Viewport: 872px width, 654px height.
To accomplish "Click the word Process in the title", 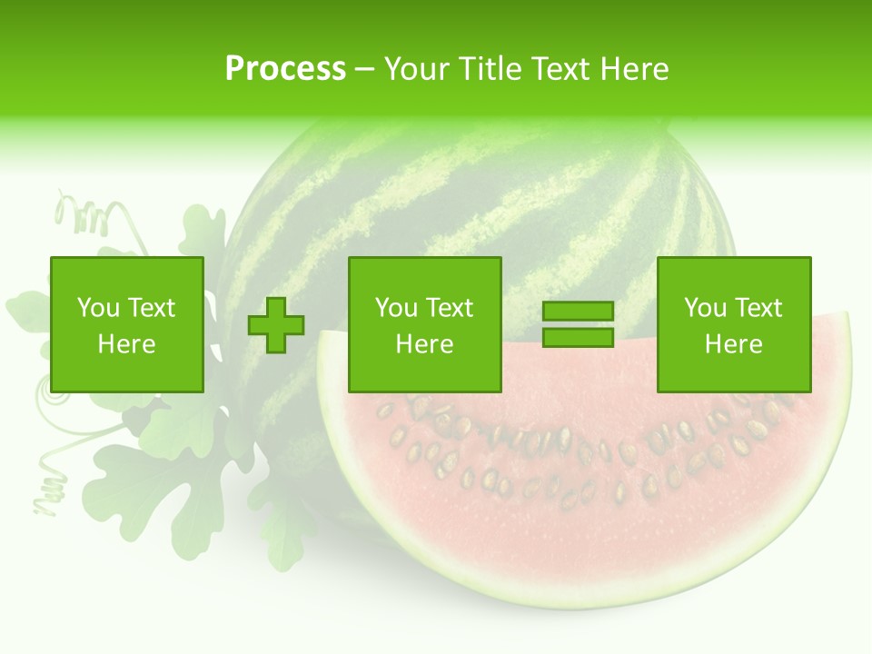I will coord(285,69).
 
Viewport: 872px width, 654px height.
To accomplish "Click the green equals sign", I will coord(578,324).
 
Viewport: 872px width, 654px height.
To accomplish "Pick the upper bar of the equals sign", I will coord(578,312).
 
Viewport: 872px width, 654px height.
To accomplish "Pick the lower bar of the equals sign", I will coord(578,337).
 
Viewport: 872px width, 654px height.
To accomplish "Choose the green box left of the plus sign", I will coord(126,325).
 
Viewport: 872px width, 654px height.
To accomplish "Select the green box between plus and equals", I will coord(424,325).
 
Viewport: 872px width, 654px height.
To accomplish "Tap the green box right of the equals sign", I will coord(733,325).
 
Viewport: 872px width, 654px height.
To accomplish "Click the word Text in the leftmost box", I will coord(151,308).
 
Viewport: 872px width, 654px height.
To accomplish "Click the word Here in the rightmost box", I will coord(733,344).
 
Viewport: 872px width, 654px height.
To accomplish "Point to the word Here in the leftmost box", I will coord(126,344).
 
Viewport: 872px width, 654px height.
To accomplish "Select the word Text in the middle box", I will coord(449,308).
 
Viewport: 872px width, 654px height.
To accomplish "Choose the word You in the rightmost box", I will coord(705,308).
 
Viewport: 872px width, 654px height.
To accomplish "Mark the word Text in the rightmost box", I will coord(758,308).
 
